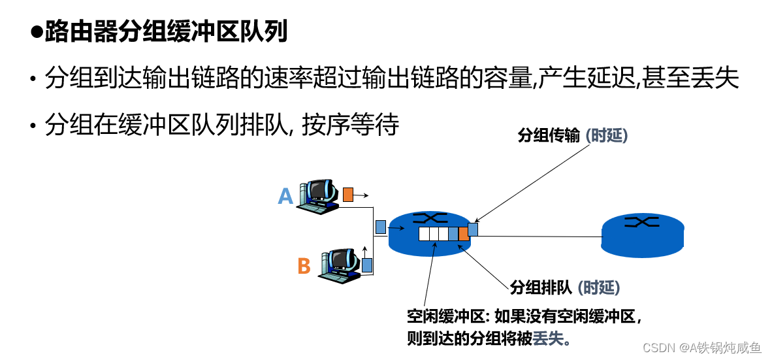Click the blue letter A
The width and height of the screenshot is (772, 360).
click(x=285, y=196)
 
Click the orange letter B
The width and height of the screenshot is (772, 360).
click(x=304, y=267)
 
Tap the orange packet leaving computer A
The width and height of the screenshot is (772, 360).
click(x=348, y=195)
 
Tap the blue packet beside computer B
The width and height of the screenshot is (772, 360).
click(x=367, y=265)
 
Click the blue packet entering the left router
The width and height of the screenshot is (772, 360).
click(x=381, y=227)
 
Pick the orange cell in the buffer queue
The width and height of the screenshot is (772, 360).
click(x=463, y=234)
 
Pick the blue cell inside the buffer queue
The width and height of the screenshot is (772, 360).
click(x=453, y=234)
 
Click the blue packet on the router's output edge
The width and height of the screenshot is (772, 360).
click(x=473, y=229)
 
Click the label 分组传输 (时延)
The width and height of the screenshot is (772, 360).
click(x=572, y=136)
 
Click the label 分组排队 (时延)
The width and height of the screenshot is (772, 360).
click(x=564, y=287)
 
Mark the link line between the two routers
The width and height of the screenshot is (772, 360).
click(x=539, y=237)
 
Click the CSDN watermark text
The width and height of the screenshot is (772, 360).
click(x=701, y=346)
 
